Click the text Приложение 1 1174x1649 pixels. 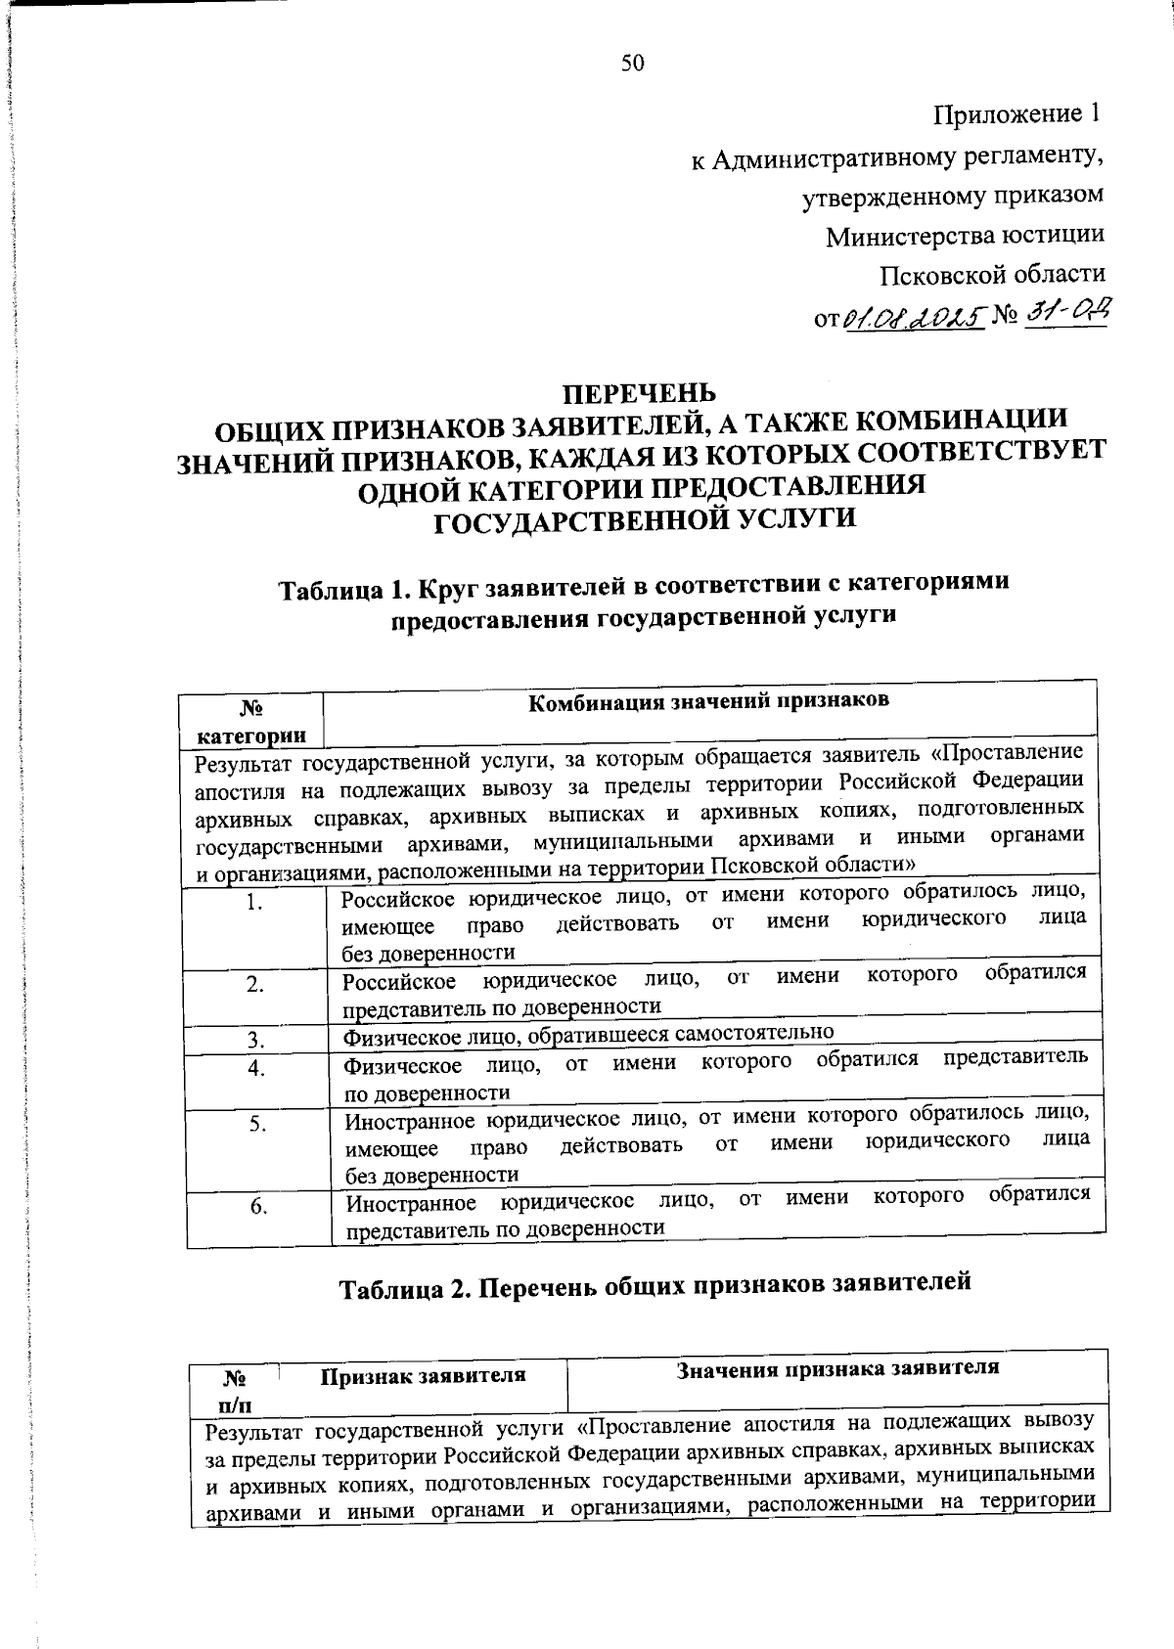point(1016,114)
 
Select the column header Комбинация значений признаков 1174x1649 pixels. point(708,700)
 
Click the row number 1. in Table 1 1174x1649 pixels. point(254,902)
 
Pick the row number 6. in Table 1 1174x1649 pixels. point(258,1207)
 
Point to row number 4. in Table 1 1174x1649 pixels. point(256,1068)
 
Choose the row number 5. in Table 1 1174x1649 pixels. point(257,1125)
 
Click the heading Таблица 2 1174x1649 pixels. point(655,1284)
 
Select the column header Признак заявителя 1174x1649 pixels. point(423,1375)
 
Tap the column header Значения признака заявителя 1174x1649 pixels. point(837,1367)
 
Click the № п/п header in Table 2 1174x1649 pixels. point(234,1392)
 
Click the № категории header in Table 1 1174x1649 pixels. point(251,721)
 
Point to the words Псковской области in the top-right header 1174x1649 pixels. point(992,275)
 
